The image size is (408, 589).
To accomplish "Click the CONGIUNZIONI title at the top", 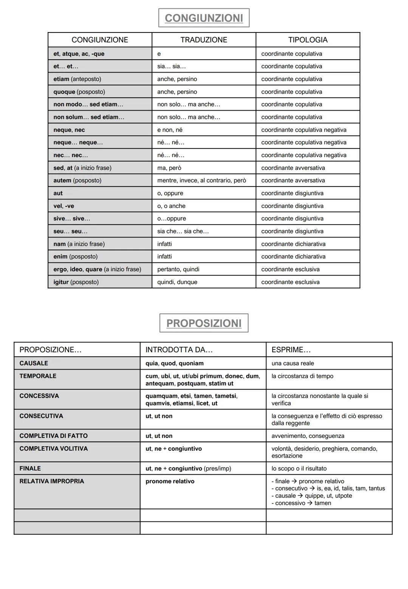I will pyautogui.click(x=204, y=18).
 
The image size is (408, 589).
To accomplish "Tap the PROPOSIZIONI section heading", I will pyautogui.click(x=204, y=323).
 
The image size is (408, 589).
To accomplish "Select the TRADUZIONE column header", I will pyautogui.click(x=204, y=40).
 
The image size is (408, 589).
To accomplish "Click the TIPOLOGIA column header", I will pyautogui.click(x=308, y=40).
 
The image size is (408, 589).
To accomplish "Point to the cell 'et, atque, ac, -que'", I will pyautogui.click(x=79, y=54).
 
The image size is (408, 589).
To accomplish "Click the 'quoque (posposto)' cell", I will pyautogui.click(x=79, y=92).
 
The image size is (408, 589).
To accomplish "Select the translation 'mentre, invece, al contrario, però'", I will pyautogui.click(x=201, y=180).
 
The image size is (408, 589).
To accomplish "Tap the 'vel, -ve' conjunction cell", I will pyautogui.click(x=64, y=206).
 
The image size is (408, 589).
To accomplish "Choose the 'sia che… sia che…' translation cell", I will pyautogui.click(x=183, y=231).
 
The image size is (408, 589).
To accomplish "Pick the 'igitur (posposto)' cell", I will pyautogui.click(x=76, y=282).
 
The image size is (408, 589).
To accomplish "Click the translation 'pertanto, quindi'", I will pyautogui.click(x=178, y=269).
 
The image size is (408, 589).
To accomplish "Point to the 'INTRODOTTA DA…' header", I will pyautogui.click(x=179, y=350).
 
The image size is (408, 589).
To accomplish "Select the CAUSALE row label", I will pyautogui.click(x=34, y=363).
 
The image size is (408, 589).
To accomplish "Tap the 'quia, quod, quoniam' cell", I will pyautogui.click(x=175, y=363).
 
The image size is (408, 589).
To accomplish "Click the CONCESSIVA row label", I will pyautogui.click(x=39, y=396).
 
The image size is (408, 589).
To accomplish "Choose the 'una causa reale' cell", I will pyautogui.click(x=293, y=363).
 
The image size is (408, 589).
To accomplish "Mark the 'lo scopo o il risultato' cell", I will pyautogui.click(x=299, y=469).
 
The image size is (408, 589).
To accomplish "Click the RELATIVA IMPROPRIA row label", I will pyautogui.click(x=52, y=481).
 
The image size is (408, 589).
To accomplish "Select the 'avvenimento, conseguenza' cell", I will pyautogui.click(x=308, y=436).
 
